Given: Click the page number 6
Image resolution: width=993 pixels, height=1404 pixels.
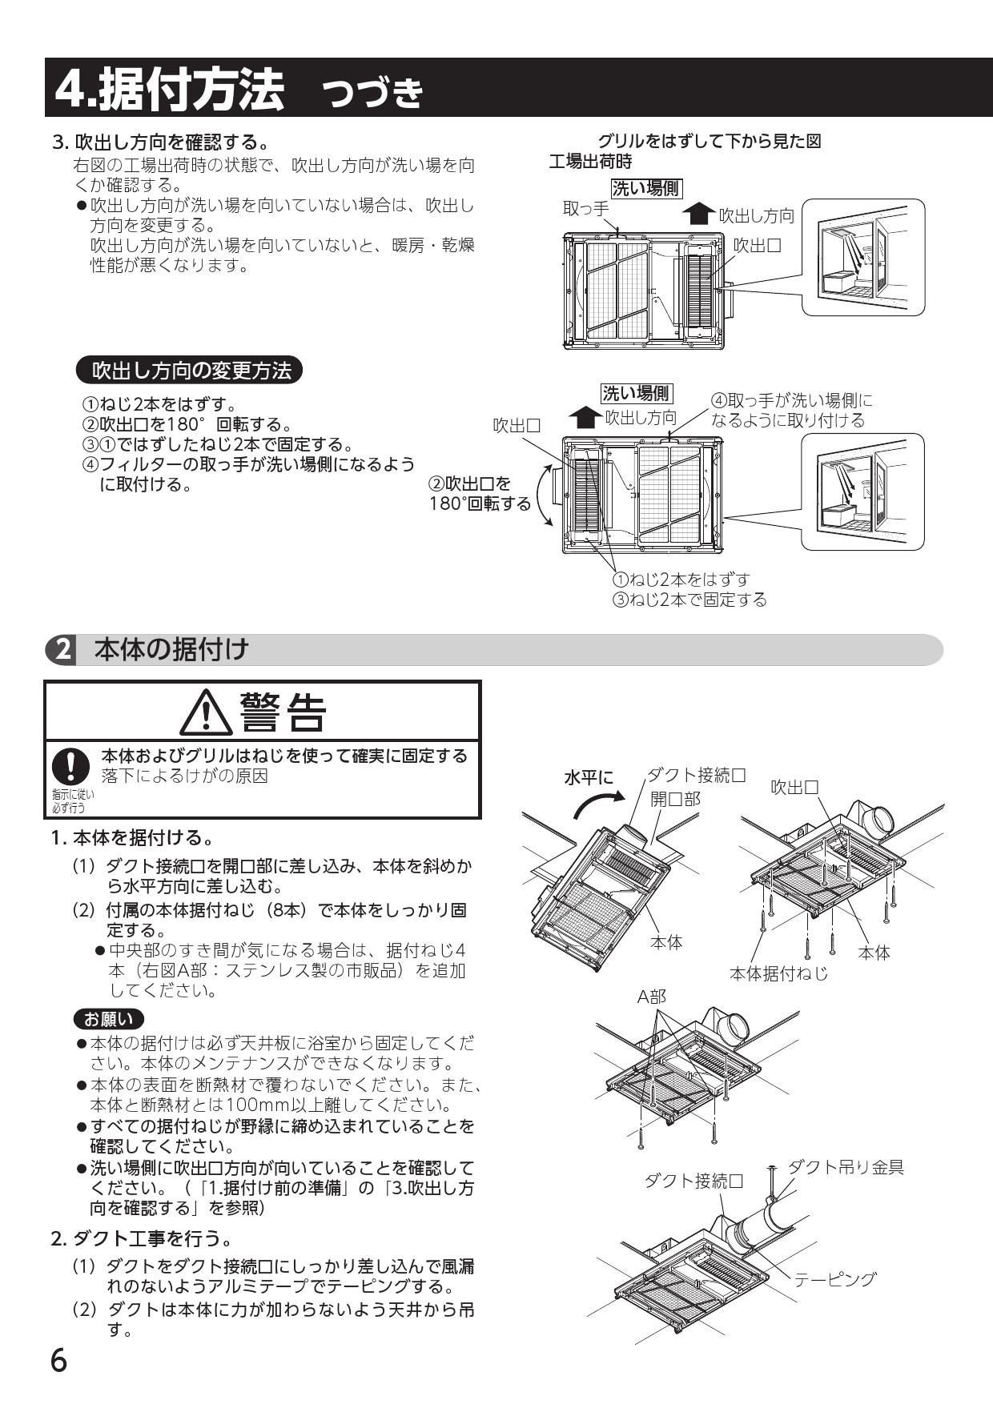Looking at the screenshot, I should point(58,1361).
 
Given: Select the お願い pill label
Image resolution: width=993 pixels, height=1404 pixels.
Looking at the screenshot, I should point(108,1019).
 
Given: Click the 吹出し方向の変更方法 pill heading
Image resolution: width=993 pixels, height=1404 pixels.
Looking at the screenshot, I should point(191,370).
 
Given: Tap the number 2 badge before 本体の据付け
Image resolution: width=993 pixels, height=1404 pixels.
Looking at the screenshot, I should point(62,649).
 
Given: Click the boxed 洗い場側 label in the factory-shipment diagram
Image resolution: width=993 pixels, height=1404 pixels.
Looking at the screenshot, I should point(645,188).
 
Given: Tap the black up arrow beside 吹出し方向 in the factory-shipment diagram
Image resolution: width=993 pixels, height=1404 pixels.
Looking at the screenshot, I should point(700,214).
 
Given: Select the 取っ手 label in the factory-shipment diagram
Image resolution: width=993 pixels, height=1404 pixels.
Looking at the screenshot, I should point(585,209).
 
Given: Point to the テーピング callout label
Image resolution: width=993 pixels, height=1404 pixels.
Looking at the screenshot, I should point(834,1279).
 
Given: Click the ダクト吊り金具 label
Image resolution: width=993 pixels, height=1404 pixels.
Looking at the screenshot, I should point(846,1167).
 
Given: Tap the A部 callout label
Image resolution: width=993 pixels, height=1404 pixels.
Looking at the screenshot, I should point(651,997).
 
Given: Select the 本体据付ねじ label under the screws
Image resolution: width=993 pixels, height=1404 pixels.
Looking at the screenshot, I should point(778,973).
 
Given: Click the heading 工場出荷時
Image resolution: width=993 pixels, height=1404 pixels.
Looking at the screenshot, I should point(590,162).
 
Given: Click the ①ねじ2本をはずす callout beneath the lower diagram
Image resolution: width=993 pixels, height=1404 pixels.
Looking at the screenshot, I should point(681,579).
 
